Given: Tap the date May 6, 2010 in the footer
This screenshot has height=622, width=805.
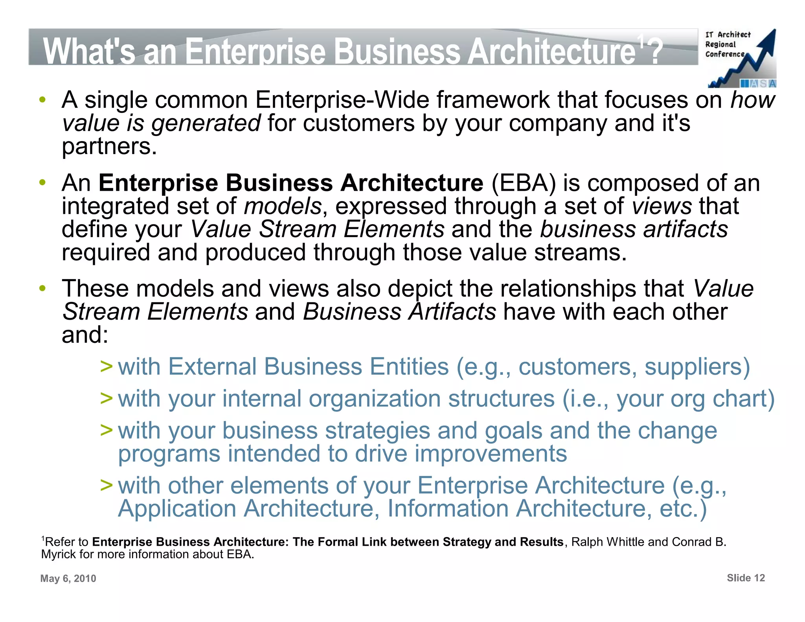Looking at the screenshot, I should (68, 578).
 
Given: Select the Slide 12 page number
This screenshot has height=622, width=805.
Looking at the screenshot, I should (746, 578).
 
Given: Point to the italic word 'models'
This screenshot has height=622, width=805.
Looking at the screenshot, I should (283, 206).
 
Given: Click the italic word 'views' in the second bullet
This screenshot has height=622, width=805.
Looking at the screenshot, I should (662, 206).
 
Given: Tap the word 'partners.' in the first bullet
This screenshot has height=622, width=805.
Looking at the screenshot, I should (109, 147).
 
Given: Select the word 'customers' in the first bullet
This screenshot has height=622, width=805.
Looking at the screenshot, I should (358, 123).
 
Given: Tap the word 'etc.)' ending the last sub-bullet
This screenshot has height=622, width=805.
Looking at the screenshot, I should (683, 509).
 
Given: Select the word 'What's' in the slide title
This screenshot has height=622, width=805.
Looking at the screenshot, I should (89, 52).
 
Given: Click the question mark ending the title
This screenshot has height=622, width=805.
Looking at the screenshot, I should (655, 52).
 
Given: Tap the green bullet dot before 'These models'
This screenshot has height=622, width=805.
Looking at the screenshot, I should (42, 289).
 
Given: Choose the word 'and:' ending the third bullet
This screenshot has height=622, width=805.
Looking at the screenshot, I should (85, 335).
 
